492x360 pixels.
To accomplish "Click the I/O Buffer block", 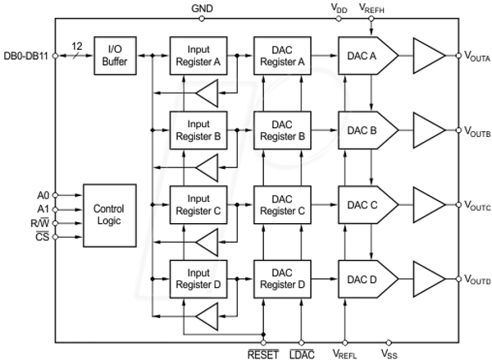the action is (x=115, y=56).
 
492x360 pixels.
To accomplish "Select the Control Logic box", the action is (x=110, y=216).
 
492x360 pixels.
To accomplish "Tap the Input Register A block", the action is (x=198, y=56).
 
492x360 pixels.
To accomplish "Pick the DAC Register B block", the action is (x=282, y=130).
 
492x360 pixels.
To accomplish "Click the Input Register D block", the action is (x=198, y=279).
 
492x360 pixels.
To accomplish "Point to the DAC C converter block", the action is (x=368, y=205).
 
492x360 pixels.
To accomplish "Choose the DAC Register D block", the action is (x=282, y=279).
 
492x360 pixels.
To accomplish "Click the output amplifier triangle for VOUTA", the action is (x=429, y=56).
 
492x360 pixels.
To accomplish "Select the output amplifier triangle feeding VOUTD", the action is (x=429, y=279).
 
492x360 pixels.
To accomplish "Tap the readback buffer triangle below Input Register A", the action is (x=207, y=93).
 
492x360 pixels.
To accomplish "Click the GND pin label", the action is (x=202, y=8).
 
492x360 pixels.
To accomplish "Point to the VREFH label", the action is (x=371, y=8).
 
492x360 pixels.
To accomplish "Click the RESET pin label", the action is (x=263, y=354).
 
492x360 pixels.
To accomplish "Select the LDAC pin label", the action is (x=302, y=354).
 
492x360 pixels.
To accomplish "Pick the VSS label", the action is (x=389, y=354).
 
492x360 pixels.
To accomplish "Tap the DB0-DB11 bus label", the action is (x=25, y=56).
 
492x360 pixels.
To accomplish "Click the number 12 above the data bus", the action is (x=77, y=46).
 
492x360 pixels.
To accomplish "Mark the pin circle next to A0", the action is (x=55, y=195).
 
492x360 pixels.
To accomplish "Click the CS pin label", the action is (x=43, y=237).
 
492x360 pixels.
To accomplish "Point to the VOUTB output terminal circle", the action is (x=458, y=130).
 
